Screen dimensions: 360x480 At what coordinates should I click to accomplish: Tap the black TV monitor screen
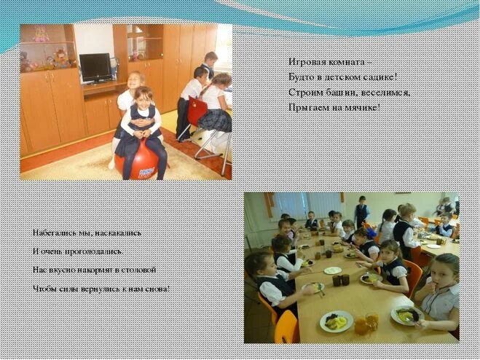[x=95, y=67]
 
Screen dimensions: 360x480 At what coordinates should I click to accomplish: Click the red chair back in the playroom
[x=197, y=112]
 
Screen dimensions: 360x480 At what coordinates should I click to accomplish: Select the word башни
[x=337, y=93]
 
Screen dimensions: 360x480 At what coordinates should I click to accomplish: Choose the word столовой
[x=138, y=270]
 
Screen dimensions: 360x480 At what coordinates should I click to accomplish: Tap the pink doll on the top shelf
[x=39, y=34]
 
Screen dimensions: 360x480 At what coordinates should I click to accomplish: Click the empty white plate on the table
[x=333, y=270]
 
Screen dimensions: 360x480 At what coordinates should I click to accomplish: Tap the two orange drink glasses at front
[x=366, y=322]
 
